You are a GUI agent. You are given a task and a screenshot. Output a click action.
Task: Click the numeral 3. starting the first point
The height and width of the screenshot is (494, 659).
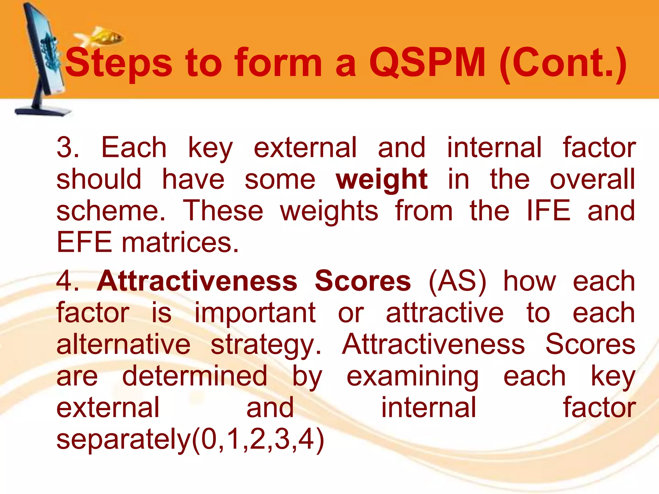tap(68, 147)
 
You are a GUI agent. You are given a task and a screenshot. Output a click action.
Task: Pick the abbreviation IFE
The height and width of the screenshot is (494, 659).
tap(549, 211)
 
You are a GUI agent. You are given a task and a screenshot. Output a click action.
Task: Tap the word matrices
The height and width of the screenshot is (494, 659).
tap(180, 242)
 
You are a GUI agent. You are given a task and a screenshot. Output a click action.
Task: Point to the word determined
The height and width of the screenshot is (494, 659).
tap(195, 376)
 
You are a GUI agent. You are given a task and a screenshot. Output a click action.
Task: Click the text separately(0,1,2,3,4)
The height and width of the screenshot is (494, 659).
tap(190, 439)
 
